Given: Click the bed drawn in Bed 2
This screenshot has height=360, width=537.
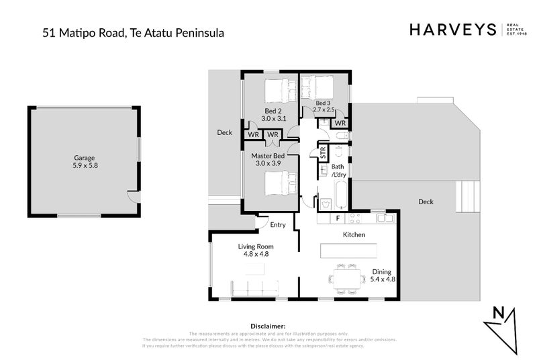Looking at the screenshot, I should pyautogui.click(x=281, y=89).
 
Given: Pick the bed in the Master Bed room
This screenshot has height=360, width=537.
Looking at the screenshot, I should pyautogui.click(x=281, y=181).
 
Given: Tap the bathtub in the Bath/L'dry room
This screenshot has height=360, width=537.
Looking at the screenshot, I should pyautogui.click(x=340, y=195).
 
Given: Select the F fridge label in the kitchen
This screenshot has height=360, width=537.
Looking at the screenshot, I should pyautogui.click(x=338, y=218).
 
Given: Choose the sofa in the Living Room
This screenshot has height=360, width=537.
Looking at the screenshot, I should pyautogui.click(x=255, y=288).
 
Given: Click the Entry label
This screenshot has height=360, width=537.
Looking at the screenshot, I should pyautogui.click(x=278, y=225).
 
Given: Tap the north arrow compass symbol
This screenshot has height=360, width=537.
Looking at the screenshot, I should pyautogui.click(x=501, y=329).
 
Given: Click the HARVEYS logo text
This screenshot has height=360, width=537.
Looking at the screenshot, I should pyautogui.click(x=452, y=30).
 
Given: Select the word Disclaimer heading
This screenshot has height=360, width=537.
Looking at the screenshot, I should pyautogui.click(x=268, y=326).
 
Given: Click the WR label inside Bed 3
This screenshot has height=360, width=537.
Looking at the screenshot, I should pyautogui.click(x=340, y=124).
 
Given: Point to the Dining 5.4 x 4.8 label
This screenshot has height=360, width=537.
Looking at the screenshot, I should pyautogui.click(x=381, y=276).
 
